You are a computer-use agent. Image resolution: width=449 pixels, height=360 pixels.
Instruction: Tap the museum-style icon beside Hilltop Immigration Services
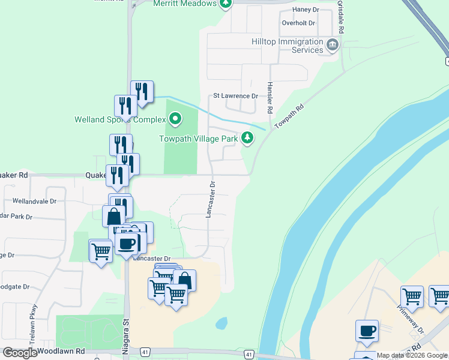tap(332, 44)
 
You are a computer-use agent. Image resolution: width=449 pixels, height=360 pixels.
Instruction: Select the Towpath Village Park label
tap(199, 139)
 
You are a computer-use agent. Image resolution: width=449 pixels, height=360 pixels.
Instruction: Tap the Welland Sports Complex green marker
tap(175, 119)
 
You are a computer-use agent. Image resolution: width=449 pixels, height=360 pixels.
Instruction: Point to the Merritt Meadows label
tap(184, 4)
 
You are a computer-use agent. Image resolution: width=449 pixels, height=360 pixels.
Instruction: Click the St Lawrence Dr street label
tap(235, 96)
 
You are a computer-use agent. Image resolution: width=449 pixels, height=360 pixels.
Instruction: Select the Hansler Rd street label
tap(270, 98)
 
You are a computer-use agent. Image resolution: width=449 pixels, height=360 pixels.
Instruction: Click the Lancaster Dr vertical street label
tap(211, 198)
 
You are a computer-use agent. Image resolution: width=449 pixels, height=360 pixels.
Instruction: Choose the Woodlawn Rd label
tap(61, 350)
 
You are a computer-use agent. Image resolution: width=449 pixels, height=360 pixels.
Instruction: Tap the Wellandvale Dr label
tap(34, 202)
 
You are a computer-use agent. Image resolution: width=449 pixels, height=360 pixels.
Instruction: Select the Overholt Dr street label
tap(298, 23)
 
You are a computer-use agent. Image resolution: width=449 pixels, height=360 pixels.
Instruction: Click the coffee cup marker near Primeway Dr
tap(367, 331)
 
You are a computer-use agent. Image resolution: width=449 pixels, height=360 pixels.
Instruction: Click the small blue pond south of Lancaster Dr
tap(221, 323)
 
